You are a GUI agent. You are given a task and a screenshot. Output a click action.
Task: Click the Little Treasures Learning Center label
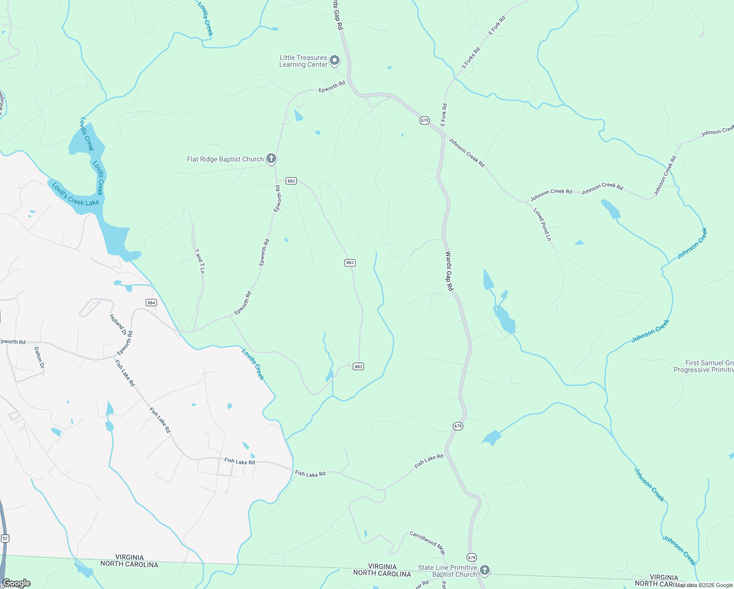click(x=303, y=61)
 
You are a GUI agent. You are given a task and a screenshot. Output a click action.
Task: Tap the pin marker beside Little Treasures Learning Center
click(x=335, y=60)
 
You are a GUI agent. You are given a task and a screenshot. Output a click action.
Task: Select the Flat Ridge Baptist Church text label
click(x=225, y=159)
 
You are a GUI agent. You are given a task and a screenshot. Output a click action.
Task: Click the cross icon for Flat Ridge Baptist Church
click(x=271, y=159)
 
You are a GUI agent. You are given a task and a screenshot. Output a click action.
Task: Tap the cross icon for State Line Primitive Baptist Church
click(x=484, y=570)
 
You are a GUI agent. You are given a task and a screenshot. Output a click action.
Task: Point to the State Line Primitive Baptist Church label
click(x=447, y=571)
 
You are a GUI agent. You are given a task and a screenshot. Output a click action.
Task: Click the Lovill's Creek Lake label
click(x=76, y=194)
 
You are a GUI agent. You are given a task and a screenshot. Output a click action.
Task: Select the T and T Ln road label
click(x=200, y=261)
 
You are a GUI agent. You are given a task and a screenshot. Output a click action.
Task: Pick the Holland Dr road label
click(x=118, y=324)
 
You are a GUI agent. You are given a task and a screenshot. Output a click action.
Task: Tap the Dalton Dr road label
click(x=39, y=358)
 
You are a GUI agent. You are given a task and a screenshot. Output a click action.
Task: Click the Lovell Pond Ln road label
click(x=543, y=224)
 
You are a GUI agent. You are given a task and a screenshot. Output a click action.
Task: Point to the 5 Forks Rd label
click(x=471, y=58)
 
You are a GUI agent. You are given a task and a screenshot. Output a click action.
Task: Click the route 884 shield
click(x=151, y=303)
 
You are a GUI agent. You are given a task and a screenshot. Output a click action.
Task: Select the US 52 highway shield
click(x=4, y=538)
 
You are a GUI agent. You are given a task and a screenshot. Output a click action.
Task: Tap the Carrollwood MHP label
click(x=427, y=542)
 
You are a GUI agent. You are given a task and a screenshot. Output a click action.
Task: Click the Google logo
click(x=16, y=583)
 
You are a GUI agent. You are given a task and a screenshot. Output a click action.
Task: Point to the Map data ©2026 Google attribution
click(x=704, y=585)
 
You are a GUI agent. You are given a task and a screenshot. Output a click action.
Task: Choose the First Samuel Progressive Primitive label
click(x=704, y=366)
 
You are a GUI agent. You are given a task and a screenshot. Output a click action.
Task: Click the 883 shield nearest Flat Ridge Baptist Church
click(x=291, y=181)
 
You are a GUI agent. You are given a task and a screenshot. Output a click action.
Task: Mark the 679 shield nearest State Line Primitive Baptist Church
click(x=472, y=557)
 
